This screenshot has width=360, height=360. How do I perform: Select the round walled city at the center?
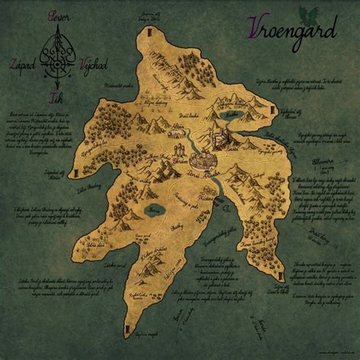pos(202,162)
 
